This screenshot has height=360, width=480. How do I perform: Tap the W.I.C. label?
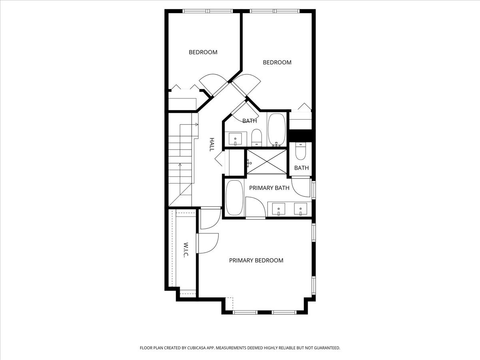tap(186, 250)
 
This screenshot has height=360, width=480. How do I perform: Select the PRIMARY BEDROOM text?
tap(256, 260)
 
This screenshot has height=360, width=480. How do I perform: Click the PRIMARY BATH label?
tap(269, 188)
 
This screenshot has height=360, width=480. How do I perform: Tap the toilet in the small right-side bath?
tap(301, 151)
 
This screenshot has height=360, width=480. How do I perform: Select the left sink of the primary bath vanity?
tap(278, 209)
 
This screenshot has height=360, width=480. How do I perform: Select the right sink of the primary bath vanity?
tap(300, 209)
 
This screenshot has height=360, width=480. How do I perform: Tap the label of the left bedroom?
tap(203, 52)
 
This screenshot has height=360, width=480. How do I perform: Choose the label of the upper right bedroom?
tap(277, 62)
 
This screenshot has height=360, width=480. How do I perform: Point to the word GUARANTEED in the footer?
tap(325, 348)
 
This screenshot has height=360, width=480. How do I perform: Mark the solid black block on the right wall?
tap(300, 136)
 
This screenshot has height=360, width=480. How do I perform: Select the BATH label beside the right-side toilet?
tap(301, 168)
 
